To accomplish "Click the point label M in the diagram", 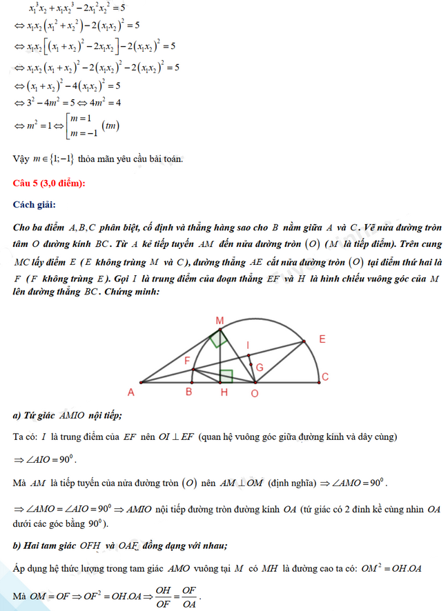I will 220,321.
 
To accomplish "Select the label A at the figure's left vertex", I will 130,392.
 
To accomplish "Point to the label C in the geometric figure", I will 324,376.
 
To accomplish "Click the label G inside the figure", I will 260,368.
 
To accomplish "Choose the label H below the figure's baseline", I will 224,392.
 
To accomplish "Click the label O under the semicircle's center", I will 254,392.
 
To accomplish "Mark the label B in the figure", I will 188,392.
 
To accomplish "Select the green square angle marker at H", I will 226,376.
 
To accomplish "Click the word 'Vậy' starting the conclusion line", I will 21,159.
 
